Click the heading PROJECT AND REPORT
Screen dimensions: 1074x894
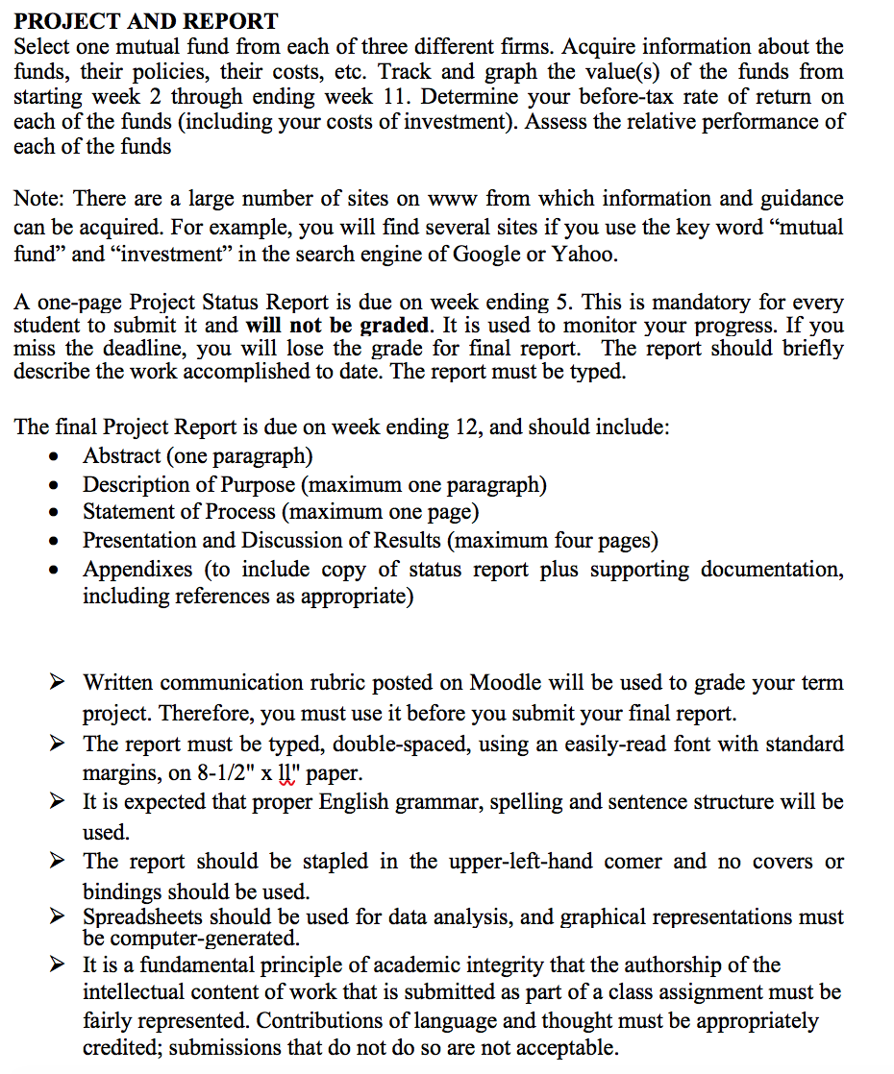click(146, 20)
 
